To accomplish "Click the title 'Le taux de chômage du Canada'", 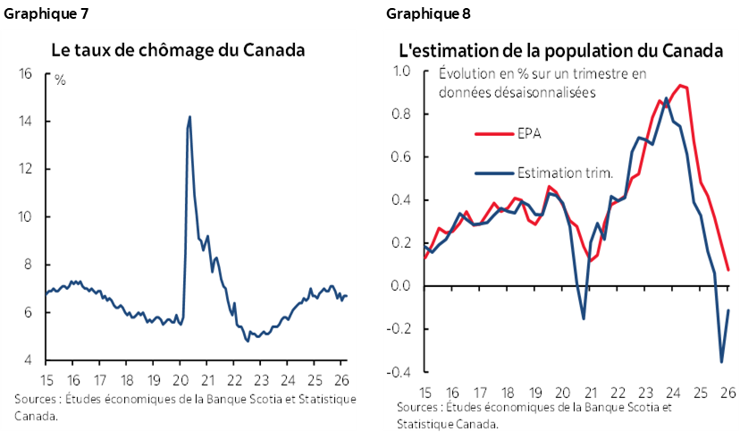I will point(178,50).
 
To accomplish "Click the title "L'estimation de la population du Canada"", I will point(560,50).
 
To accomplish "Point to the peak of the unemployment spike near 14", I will point(189,116).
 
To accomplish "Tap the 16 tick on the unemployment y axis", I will point(26,73).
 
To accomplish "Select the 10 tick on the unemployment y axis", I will point(26,216).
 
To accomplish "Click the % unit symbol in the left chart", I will point(60,80).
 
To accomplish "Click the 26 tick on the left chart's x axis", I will point(341,377).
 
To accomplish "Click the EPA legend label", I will point(529,134).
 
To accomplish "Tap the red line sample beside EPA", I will point(493,134).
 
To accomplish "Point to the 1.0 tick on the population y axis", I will point(401,72).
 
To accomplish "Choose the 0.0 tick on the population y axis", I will point(401,286).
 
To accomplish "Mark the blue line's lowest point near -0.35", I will point(721,361).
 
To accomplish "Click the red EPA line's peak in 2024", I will point(681,85).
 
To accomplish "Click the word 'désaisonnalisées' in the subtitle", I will point(546,91).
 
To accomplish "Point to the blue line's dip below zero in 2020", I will point(583,318).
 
